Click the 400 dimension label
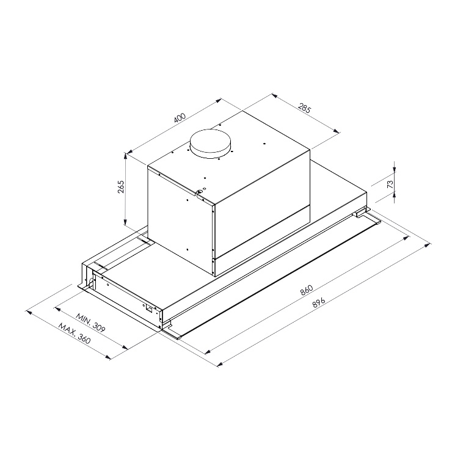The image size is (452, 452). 180,117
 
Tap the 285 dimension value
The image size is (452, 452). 304,109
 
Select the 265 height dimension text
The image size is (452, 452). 121,187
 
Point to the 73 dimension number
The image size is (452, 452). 390,184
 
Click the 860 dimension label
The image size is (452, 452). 307,290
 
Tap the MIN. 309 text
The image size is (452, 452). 91,324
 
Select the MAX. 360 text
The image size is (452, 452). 75,334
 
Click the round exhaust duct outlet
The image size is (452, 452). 211,144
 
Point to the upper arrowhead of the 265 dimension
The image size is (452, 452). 125,156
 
